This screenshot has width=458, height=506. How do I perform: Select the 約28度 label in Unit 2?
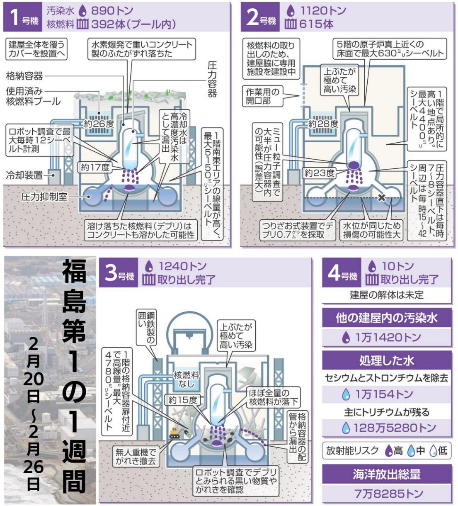(x=323, y=124)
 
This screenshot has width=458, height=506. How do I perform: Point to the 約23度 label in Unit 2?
(x=320, y=173)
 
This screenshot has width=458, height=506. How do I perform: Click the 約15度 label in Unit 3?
(x=183, y=400)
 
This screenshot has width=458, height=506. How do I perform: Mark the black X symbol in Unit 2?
(x=382, y=197)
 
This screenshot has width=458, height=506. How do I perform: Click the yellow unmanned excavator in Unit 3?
(x=176, y=433)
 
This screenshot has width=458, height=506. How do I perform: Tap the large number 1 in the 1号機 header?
(x=15, y=17)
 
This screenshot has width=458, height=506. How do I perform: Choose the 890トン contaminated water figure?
(x=112, y=10)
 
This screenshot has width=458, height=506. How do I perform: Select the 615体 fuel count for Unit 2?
(x=316, y=24)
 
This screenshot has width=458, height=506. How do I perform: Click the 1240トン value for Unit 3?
(x=182, y=266)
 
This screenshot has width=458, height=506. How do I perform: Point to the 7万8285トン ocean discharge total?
(x=388, y=494)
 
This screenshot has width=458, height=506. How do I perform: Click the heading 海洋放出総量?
(x=387, y=474)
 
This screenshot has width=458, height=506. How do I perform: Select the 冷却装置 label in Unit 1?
(x=24, y=175)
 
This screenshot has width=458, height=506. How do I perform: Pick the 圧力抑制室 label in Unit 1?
(x=44, y=197)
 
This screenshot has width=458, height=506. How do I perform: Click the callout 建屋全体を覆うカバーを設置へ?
(x=36, y=49)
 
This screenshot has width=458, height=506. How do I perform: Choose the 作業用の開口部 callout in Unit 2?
(x=262, y=96)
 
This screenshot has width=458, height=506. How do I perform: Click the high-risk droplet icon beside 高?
(x=389, y=450)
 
